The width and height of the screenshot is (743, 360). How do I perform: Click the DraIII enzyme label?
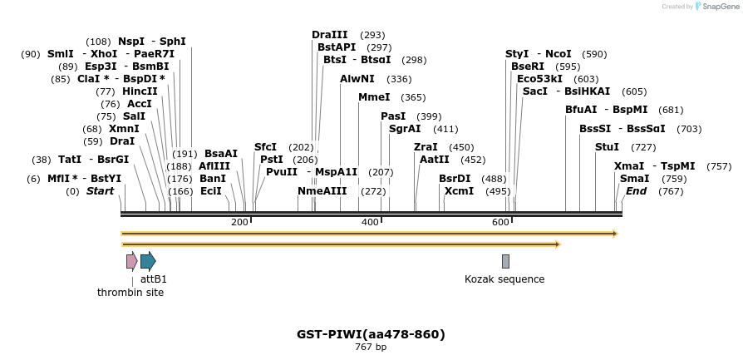point(330,35)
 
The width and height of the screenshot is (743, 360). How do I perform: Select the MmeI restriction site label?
point(374,97)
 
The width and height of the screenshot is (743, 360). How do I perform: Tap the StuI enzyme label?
point(607,147)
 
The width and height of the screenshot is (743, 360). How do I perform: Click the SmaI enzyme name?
point(634,179)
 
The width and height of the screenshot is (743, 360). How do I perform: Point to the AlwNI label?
point(357,79)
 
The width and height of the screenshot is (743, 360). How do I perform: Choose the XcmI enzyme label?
point(459,191)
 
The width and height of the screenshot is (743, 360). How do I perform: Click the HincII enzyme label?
point(140,91)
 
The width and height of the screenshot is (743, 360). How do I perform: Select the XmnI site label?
point(124,129)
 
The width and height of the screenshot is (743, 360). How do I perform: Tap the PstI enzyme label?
point(272,160)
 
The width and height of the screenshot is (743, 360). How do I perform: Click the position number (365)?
point(413,97)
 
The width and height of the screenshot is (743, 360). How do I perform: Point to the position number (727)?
point(643,147)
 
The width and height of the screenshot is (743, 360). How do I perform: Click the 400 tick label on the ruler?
point(371,222)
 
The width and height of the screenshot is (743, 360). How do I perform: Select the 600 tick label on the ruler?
point(500,222)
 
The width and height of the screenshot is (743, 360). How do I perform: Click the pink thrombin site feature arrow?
point(131,261)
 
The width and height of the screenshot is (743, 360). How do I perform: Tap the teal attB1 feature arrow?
point(148,261)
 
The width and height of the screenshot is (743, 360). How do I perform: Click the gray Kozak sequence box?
point(505,261)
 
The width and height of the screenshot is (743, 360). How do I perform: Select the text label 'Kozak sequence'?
point(504,279)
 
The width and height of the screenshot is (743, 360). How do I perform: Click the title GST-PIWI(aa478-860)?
point(371,334)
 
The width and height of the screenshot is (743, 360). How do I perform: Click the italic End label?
point(636,191)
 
